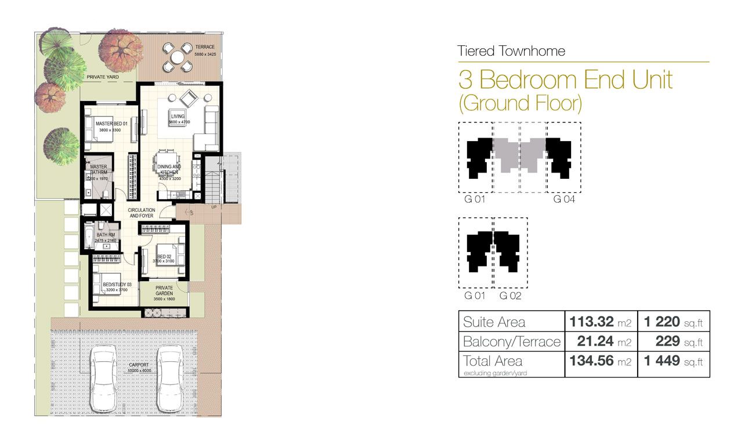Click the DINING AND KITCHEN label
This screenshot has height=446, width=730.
169,170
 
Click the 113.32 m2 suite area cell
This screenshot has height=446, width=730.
600,321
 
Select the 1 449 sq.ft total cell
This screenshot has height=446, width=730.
673,361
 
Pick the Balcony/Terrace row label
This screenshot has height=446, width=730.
511,341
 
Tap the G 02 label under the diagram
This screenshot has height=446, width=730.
510,296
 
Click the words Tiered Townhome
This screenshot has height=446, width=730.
511,51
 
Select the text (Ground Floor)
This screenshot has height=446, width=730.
520,103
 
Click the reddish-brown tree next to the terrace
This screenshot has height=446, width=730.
121,50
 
